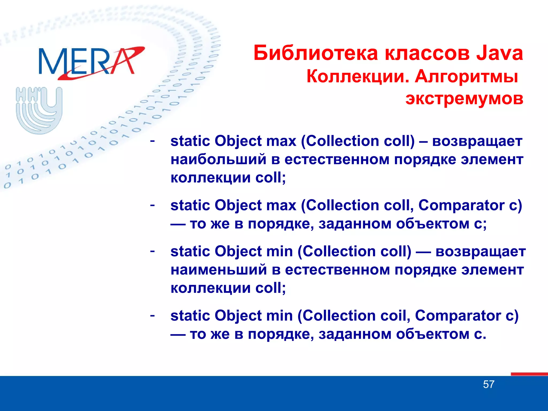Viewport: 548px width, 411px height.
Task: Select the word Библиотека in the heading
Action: pos(316,53)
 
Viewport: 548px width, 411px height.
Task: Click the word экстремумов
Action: pos(464,98)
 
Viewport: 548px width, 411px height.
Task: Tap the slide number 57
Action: pos(489,385)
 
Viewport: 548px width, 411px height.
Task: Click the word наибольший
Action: pos(218,159)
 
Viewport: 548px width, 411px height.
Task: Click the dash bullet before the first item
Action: pos(152,140)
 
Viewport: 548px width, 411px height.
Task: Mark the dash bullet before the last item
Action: pos(152,315)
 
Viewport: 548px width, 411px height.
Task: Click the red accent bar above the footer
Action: pos(529,374)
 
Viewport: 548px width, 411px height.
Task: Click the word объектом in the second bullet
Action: pos(432,224)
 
